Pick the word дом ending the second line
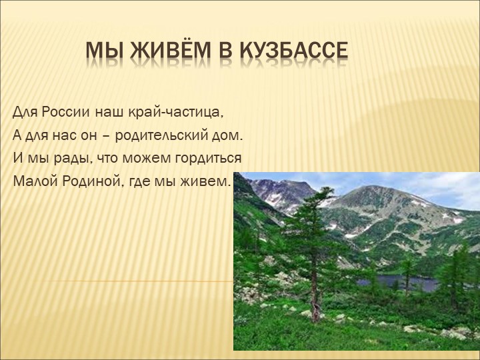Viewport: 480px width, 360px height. pyautogui.click(x=230, y=135)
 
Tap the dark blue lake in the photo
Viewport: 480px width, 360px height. pyautogui.click(x=393, y=283)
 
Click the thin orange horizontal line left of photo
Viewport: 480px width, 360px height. pyautogui.click(x=133, y=281)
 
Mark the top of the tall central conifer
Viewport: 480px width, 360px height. pyautogui.click(x=325, y=189)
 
